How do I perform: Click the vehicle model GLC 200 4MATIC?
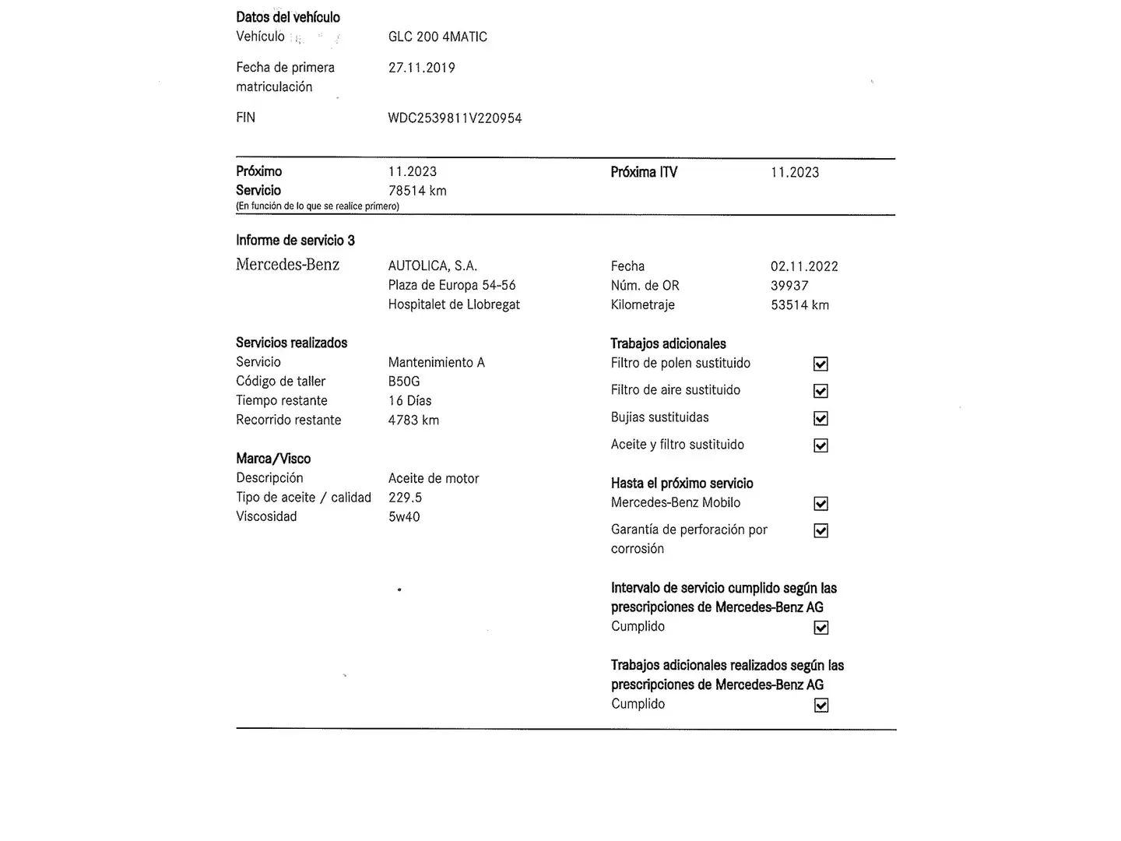[x=438, y=37]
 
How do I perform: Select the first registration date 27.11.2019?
[x=421, y=68]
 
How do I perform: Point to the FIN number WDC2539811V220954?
[x=455, y=118]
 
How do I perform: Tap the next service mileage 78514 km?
[x=417, y=191]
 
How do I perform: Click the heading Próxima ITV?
[x=644, y=172]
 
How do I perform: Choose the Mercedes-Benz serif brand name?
[x=287, y=265]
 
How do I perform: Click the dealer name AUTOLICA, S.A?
[x=432, y=266]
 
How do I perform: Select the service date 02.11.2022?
[x=804, y=266]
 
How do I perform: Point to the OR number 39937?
[x=789, y=286]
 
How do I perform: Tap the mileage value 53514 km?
[x=799, y=305]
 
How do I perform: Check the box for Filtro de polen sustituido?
[x=821, y=364]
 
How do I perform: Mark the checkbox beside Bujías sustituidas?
[x=821, y=418]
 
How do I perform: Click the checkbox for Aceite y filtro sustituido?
[x=821, y=445]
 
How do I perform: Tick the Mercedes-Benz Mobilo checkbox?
[x=821, y=504]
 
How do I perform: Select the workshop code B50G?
[x=403, y=382]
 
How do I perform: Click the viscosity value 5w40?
[x=403, y=517]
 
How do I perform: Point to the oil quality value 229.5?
[x=405, y=498]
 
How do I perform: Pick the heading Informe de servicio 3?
[x=295, y=241]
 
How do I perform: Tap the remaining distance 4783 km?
[x=413, y=420]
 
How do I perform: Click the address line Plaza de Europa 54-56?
[x=452, y=286]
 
